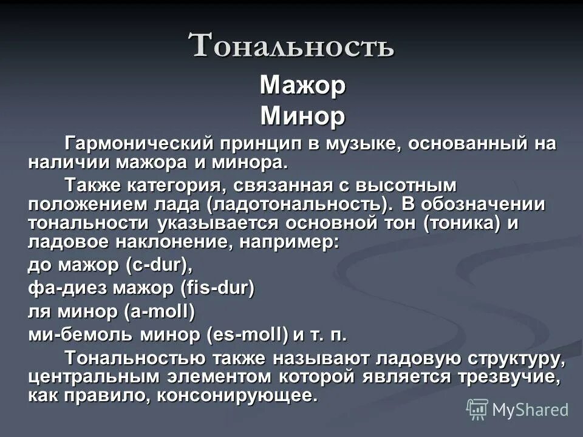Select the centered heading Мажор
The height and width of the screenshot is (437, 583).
click(302, 86)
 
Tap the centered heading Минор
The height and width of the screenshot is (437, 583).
click(302, 116)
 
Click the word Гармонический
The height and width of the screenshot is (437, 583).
click(138, 144)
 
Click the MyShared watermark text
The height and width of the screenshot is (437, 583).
click(530, 410)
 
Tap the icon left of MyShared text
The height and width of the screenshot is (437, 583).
click(477, 410)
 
